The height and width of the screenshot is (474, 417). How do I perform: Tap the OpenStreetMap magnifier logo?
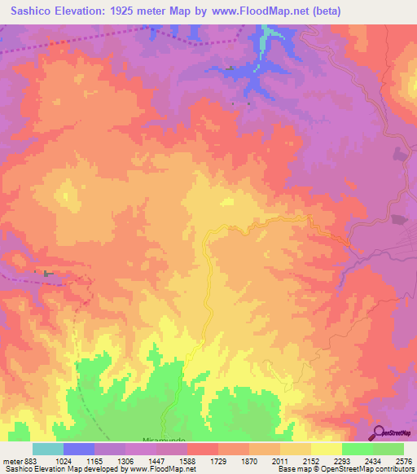380,432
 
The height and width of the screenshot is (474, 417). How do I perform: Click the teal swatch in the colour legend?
47,449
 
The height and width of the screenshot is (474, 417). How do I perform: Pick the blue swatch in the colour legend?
78,449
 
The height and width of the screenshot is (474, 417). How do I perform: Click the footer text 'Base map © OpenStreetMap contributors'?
345,470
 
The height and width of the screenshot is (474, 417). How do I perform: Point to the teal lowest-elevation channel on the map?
270,33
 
